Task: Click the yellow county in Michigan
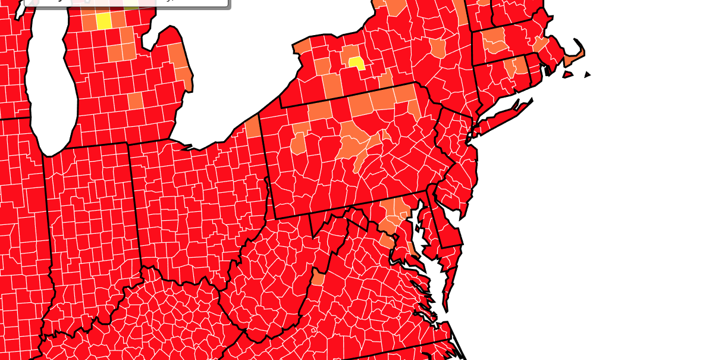(103, 21)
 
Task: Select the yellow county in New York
(356, 62)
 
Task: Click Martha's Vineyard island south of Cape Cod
(567, 75)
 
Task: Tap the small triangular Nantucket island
(587, 74)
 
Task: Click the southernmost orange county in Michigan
(135, 101)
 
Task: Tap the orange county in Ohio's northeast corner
(253, 126)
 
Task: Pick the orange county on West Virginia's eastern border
(318, 278)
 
